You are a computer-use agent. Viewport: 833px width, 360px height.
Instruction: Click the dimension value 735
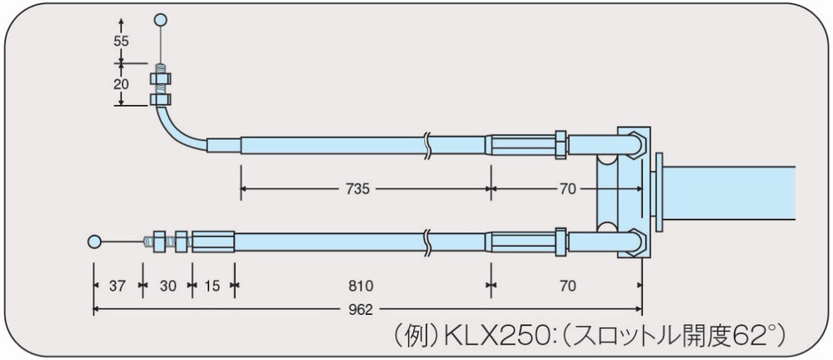click(357, 189)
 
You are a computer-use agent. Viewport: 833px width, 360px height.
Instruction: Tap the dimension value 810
click(362, 286)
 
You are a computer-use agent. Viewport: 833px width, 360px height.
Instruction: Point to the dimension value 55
click(121, 41)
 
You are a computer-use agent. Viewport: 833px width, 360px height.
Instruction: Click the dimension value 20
click(121, 84)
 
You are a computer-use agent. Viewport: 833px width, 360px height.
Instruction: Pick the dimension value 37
click(117, 286)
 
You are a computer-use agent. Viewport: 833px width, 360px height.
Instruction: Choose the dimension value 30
click(168, 286)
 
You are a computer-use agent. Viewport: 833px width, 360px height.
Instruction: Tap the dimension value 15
click(212, 286)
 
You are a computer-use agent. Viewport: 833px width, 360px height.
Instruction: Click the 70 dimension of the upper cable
click(567, 189)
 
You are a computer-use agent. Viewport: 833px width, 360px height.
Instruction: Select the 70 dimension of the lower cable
click(567, 286)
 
